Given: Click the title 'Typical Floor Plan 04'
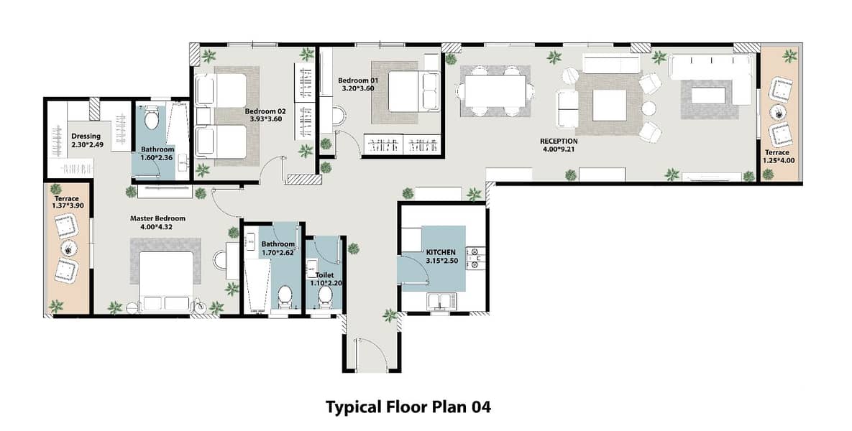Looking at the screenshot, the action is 408,407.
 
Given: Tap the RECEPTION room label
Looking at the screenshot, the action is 559,141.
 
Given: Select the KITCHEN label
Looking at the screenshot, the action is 441,252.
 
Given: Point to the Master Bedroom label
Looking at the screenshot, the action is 157,219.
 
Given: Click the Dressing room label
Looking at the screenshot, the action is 86,136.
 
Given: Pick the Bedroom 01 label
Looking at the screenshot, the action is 357,80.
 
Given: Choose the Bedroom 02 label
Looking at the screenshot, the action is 265,111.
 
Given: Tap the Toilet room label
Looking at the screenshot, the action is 324,275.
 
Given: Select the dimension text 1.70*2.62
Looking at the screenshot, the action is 278,252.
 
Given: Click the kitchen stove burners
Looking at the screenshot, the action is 477,259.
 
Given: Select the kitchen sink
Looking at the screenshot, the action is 442,301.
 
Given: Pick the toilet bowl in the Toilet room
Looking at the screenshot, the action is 325,297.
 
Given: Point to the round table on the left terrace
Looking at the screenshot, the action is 68,248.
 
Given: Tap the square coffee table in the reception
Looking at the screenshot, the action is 609,105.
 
